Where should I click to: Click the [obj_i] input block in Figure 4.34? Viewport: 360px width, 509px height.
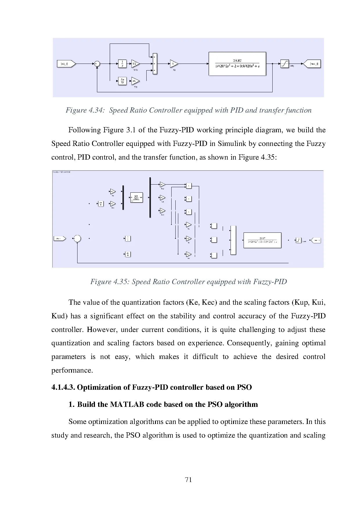pyautogui.click(x=66, y=64)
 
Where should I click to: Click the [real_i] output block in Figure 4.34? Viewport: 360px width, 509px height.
pyautogui.click(x=312, y=64)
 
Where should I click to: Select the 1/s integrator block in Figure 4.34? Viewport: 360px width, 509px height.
pyautogui.click(x=122, y=64)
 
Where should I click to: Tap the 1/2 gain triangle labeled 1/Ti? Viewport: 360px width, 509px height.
pyautogui.click(x=135, y=64)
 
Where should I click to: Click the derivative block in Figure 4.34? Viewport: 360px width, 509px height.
pyautogui.click(x=122, y=81)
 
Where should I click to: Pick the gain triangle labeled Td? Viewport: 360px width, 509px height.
pyautogui.click(x=135, y=81)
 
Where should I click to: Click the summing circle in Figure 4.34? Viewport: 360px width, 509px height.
pyautogui.click(x=97, y=64)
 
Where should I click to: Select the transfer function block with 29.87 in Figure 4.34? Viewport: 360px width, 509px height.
pyautogui.click(x=237, y=64)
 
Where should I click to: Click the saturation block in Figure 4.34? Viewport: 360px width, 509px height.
pyautogui.click(x=285, y=64)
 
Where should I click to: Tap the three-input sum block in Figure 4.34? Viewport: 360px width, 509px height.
pyautogui.click(x=155, y=64)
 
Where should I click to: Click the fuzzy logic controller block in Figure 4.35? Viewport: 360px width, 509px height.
pyautogui.click(x=136, y=198)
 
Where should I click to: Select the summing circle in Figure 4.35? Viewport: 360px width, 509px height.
pyautogui.click(x=77, y=239)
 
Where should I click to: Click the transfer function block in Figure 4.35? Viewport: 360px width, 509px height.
pyautogui.click(x=262, y=240)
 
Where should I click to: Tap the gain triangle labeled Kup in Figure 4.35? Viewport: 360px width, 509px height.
pyautogui.click(x=162, y=185)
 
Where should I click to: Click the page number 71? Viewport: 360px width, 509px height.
pyautogui.click(x=188, y=480)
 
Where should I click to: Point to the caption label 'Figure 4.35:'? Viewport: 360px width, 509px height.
pyautogui.click(x=110, y=282)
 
